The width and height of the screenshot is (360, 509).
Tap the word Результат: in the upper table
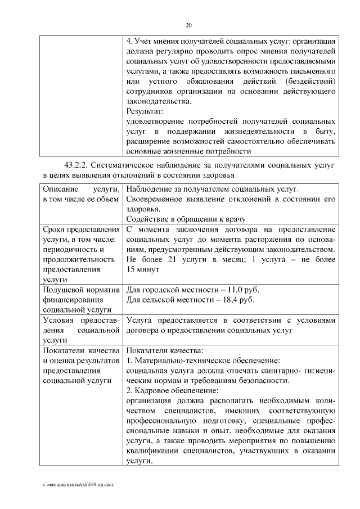click(145, 111)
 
